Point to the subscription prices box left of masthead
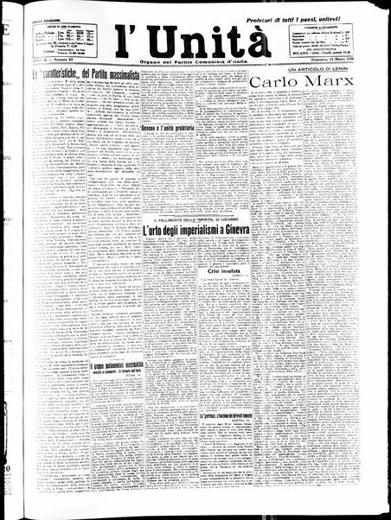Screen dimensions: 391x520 (x=62, y=38)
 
